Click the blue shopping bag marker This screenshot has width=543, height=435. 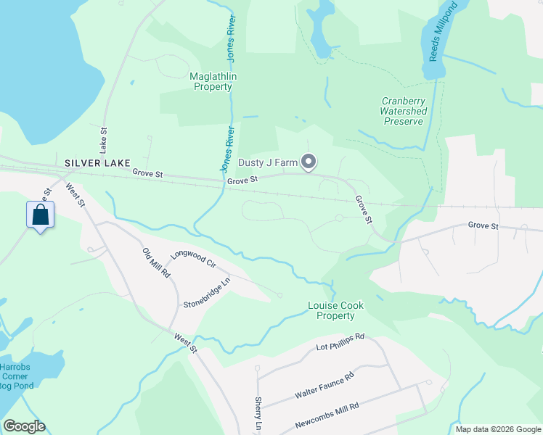tap(41, 215)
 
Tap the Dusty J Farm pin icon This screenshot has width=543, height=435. tap(309, 162)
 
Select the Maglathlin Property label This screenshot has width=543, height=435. tap(212, 81)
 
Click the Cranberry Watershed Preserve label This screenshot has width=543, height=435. tap(404, 112)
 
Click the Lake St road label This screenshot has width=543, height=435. tap(103, 138)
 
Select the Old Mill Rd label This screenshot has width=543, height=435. tap(156, 263)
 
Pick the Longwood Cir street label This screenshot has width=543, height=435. tap(194, 260)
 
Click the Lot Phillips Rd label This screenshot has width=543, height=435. tap(340, 342)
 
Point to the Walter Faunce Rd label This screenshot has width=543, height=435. tap(324, 386)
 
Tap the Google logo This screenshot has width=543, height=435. tap(24, 426)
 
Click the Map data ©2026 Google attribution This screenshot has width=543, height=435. tap(497, 429)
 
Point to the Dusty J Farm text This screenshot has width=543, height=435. tap(269, 162)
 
